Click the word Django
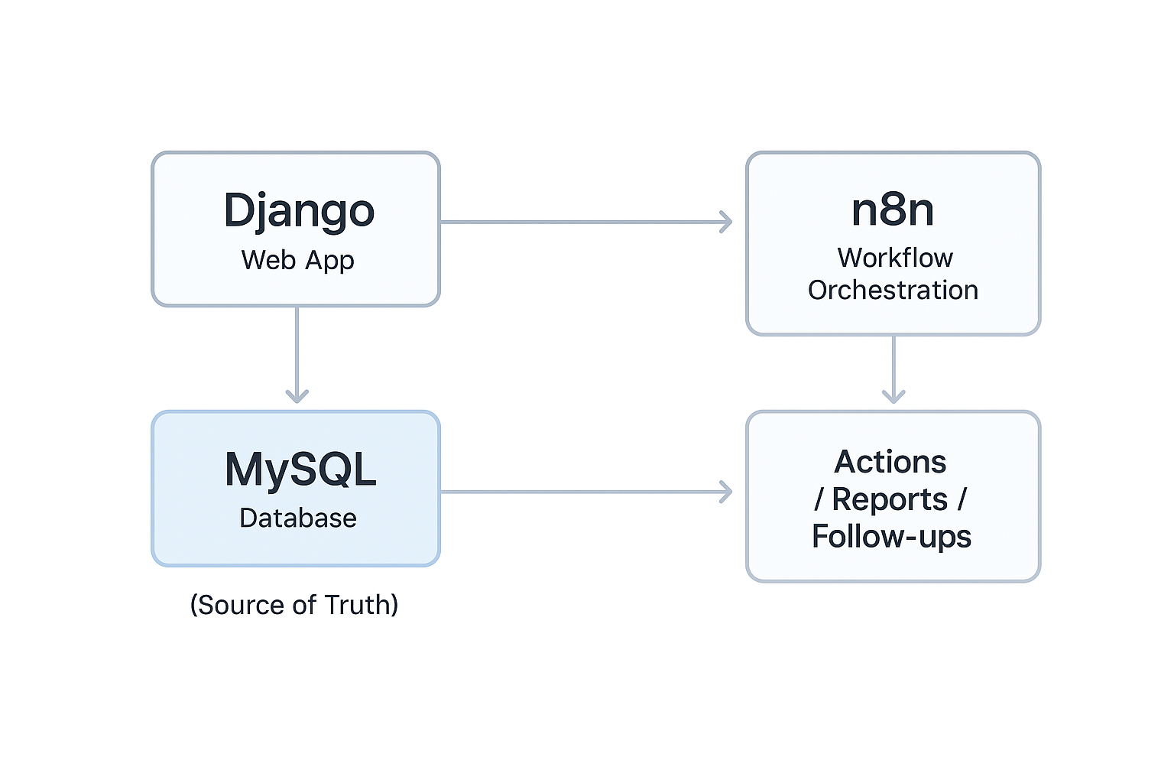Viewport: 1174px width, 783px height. (x=299, y=210)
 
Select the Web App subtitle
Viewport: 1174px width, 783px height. (x=297, y=260)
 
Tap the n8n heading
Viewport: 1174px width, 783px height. (x=893, y=210)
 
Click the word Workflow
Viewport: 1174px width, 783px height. (x=895, y=258)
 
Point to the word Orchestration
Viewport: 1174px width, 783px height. (x=893, y=290)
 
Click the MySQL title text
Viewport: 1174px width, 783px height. (x=300, y=469)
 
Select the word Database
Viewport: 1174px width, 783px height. (x=297, y=518)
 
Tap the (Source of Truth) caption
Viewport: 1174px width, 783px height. (x=294, y=605)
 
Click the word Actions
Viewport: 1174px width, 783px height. (x=890, y=462)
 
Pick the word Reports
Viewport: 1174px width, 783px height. (x=890, y=499)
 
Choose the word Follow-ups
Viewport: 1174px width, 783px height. (x=891, y=537)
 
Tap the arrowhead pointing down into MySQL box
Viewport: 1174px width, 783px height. (x=297, y=395)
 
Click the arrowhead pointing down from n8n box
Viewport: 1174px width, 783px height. (x=893, y=395)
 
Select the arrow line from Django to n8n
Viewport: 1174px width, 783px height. (x=581, y=223)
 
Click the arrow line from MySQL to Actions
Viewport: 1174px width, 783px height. (x=581, y=492)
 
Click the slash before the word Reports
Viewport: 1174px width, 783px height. (x=819, y=500)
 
